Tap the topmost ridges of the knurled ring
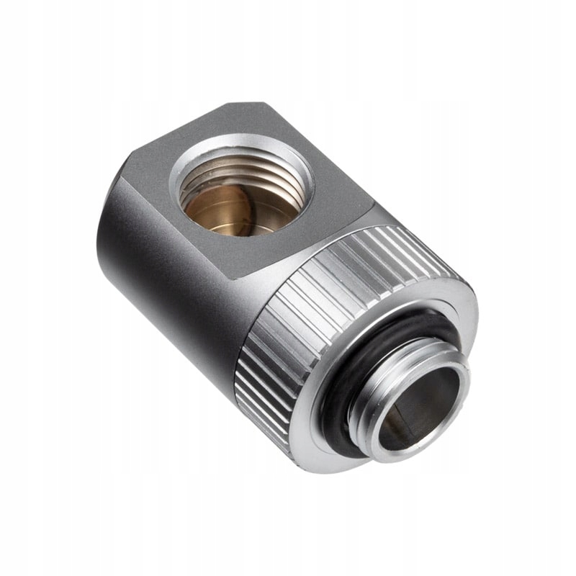click(x=403, y=238)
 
